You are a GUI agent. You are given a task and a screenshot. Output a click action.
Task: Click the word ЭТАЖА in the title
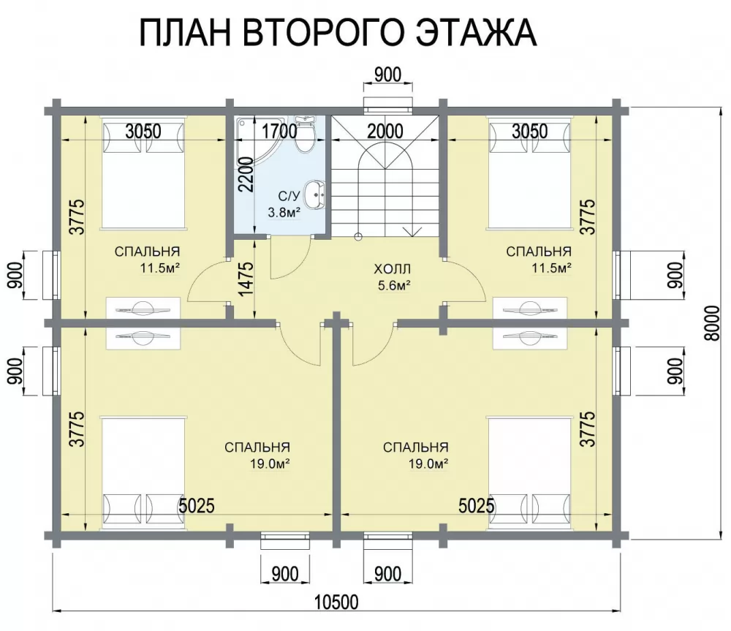(x=476, y=33)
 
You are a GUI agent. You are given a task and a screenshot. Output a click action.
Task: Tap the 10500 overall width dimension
(x=336, y=602)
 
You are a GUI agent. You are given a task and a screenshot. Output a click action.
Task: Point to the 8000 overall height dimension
(x=711, y=324)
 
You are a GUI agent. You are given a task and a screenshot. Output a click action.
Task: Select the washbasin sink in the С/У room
(x=314, y=194)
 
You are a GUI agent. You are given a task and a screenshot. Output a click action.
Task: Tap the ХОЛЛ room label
(x=392, y=269)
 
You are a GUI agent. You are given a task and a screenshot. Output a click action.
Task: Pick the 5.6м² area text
(x=394, y=285)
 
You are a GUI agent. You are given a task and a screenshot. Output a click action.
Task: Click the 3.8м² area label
(x=284, y=213)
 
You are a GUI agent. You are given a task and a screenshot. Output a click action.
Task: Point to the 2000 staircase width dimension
(x=385, y=132)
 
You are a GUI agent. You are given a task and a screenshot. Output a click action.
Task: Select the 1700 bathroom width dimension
(x=279, y=132)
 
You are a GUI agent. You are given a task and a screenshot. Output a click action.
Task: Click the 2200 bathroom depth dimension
(x=246, y=175)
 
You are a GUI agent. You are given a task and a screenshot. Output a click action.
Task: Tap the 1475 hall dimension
(x=246, y=279)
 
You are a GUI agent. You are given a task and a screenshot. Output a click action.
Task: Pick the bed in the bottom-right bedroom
(x=530, y=474)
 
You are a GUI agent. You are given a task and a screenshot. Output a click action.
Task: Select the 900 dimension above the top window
(x=388, y=75)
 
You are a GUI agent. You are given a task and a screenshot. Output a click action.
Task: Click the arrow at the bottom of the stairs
(x=413, y=231)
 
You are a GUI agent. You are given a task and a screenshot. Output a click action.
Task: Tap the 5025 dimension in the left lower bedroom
(x=197, y=505)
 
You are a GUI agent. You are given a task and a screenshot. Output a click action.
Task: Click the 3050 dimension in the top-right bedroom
(x=529, y=132)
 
